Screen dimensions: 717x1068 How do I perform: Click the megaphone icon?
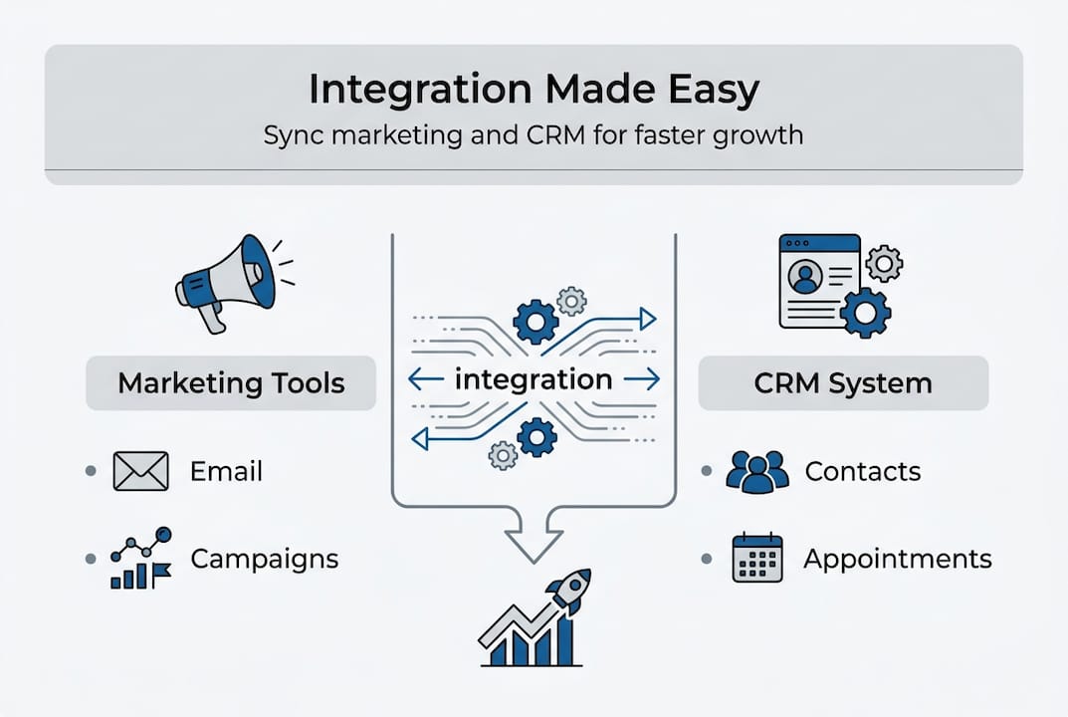227,280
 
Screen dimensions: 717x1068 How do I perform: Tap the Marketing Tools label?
231,383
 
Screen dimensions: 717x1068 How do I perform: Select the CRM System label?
843,383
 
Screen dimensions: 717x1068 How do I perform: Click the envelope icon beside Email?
140,471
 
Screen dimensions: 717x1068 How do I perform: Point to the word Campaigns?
264,559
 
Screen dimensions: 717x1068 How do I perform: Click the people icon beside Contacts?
756,471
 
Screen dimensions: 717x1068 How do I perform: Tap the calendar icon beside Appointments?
757,558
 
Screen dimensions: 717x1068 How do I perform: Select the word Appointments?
897,559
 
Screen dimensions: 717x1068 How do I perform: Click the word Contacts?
862,471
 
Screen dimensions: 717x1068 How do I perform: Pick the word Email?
226,471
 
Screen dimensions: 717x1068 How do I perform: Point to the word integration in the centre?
533,379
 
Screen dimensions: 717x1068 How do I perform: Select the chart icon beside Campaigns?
140,559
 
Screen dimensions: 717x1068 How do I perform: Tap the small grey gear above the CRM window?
884,263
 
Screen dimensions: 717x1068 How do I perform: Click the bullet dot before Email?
92,470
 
